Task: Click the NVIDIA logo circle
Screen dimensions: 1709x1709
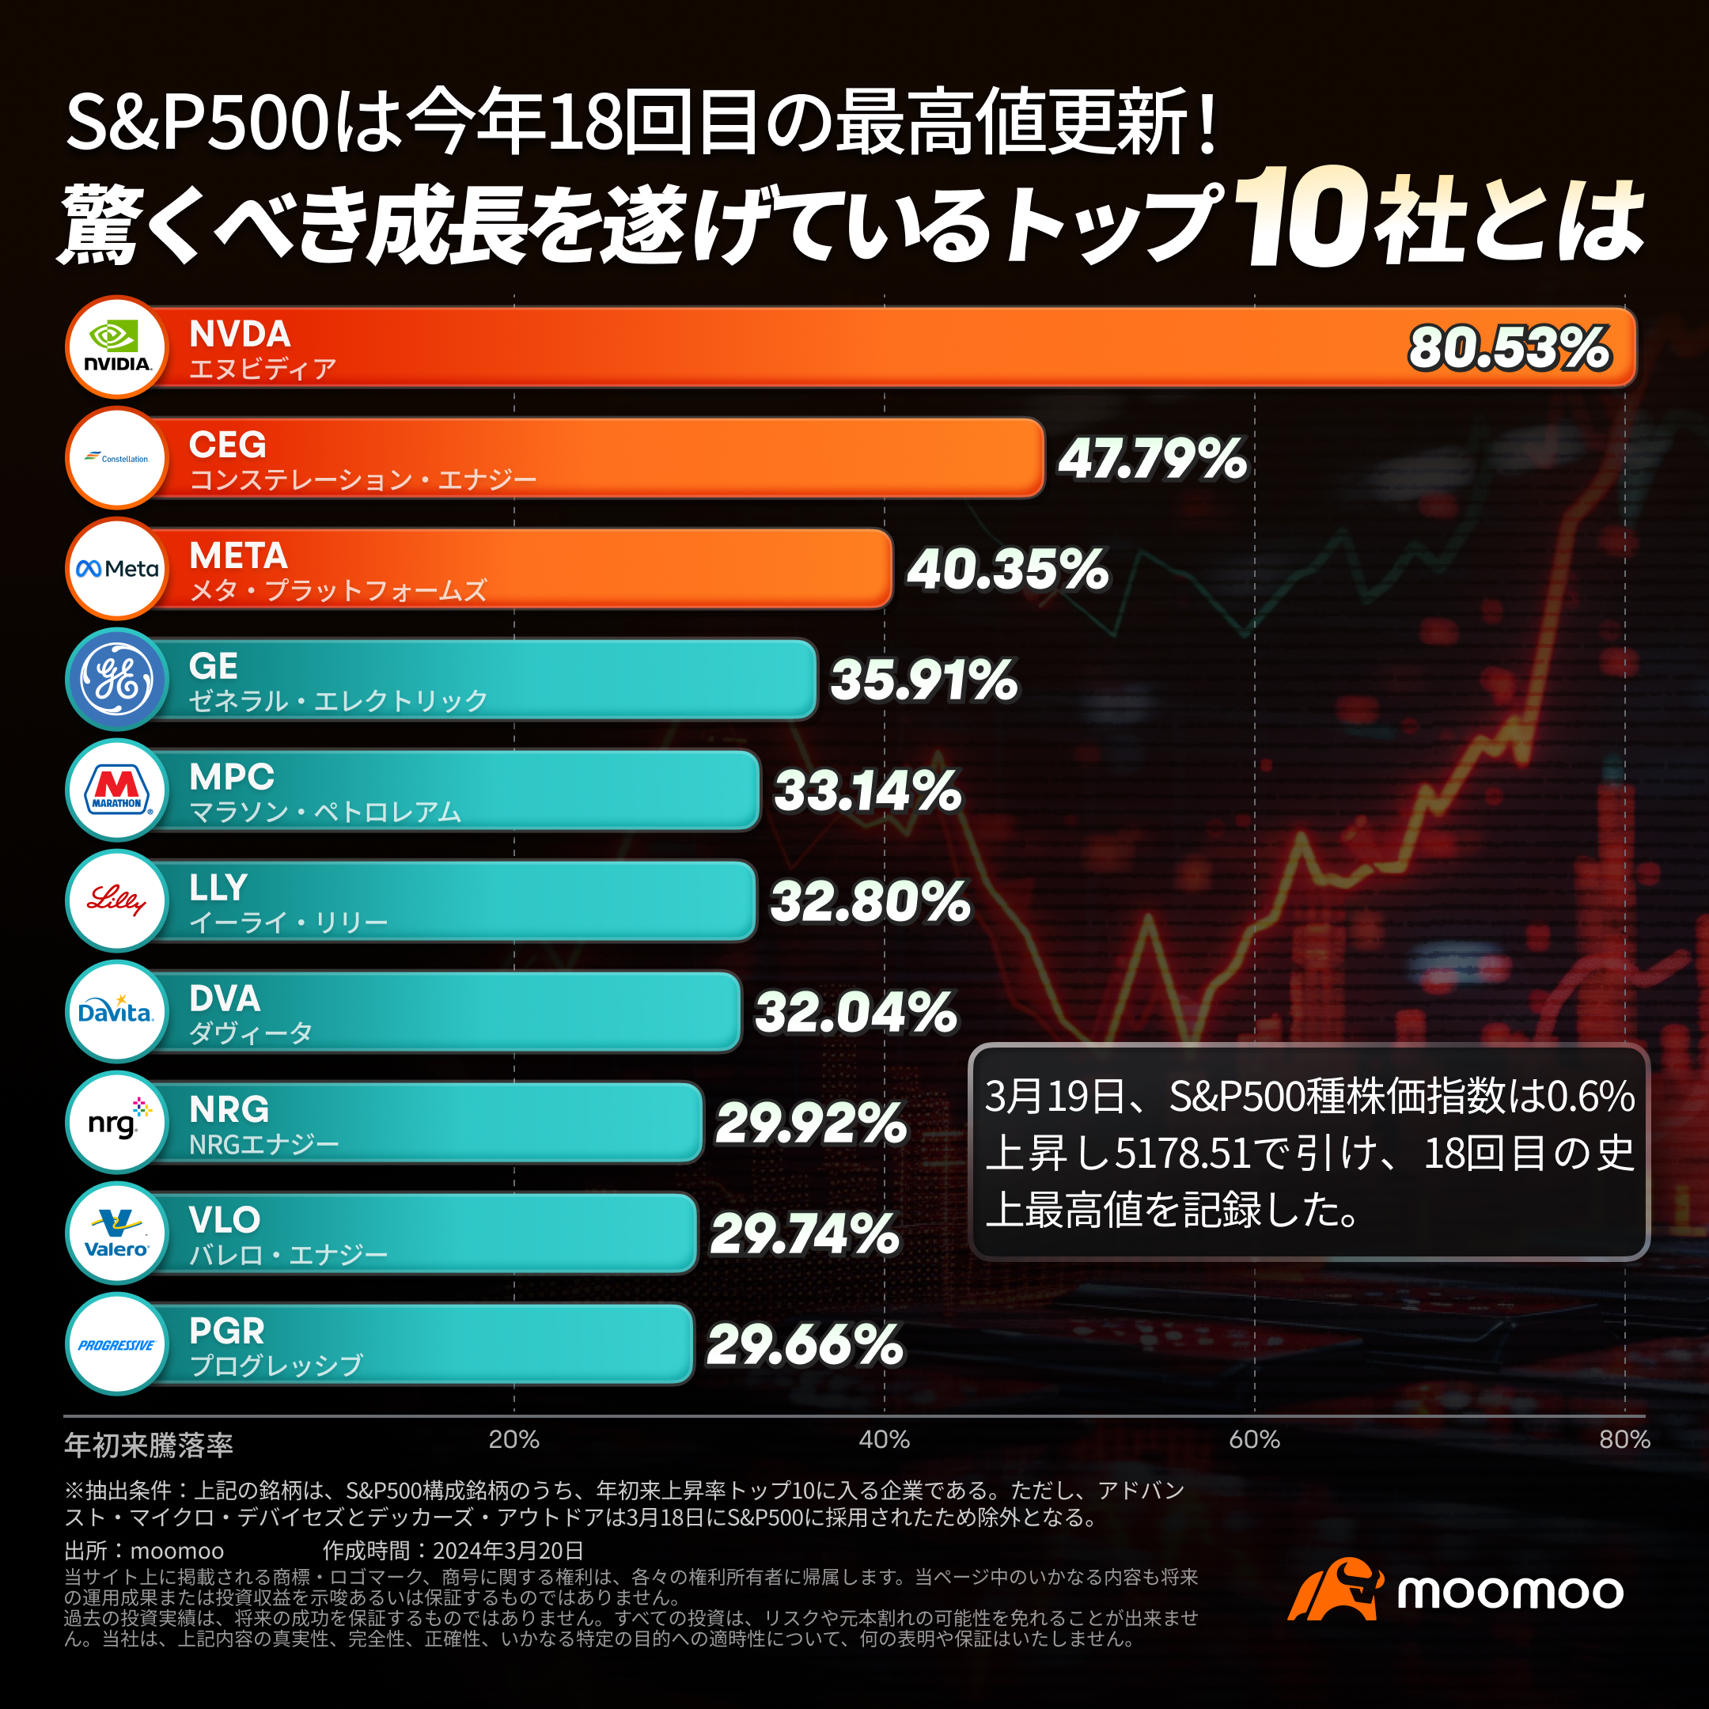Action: [x=117, y=347]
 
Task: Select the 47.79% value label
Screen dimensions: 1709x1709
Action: [x=1152, y=459]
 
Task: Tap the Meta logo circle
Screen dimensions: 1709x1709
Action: [x=117, y=569]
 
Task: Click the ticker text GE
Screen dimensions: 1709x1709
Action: [x=213, y=666]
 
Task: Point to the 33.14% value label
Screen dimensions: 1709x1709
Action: [x=867, y=791]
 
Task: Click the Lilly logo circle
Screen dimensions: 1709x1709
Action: [x=117, y=900]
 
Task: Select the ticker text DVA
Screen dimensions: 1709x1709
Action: [x=225, y=998]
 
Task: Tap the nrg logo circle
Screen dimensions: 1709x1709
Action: [x=117, y=1122]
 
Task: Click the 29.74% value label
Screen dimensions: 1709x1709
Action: [x=804, y=1234]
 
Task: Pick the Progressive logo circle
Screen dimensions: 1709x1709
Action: [x=117, y=1344]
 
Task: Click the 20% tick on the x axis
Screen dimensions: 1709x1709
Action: [x=514, y=1439]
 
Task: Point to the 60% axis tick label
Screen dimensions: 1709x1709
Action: [x=1253, y=1439]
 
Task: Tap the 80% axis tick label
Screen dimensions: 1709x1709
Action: [x=1624, y=1439]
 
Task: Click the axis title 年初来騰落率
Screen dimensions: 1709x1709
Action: [x=149, y=1446]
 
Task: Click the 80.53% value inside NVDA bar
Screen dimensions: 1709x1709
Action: [x=1508, y=347]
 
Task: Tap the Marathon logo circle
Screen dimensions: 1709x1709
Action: [x=117, y=790]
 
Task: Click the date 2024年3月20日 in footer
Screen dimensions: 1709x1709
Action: [x=508, y=1551]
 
